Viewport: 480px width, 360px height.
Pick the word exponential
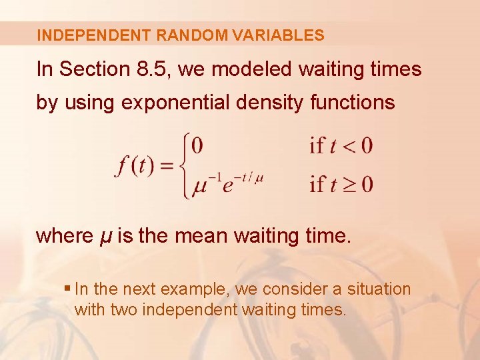coord(183,103)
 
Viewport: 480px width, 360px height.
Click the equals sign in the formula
coord(167,165)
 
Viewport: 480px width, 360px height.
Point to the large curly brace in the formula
coord(183,165)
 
